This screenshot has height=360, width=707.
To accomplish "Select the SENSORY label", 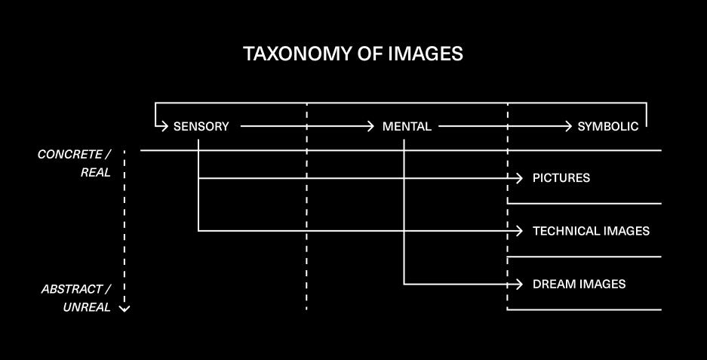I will (201, 127).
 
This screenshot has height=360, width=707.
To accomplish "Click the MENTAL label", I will (407, 127).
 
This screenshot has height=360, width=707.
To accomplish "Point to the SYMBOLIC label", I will (607, 127).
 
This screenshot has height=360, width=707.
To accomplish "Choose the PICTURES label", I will (561, 178).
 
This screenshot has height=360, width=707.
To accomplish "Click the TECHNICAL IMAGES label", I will (591, 231).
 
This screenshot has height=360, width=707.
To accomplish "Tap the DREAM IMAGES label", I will (579, 285).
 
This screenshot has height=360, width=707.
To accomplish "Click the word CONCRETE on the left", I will (69, 155).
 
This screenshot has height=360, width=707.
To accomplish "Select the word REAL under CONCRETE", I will (96, 173).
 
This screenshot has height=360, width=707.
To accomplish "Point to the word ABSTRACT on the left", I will (72, 289).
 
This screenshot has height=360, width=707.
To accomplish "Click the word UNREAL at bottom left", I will (87, 307).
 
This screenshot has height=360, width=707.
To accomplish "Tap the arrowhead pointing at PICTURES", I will (519, 178).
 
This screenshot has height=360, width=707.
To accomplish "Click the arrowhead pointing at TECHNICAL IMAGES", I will (519, 231).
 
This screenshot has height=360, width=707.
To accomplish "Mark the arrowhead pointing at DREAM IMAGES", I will (519, 285).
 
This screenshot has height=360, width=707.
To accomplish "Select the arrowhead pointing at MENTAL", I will (371, 127).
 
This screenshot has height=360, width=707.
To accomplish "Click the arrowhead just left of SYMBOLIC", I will (569, 127).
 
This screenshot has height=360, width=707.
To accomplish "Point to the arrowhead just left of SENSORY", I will (163, 127).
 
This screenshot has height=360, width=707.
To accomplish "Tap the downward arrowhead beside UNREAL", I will (125, 308).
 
